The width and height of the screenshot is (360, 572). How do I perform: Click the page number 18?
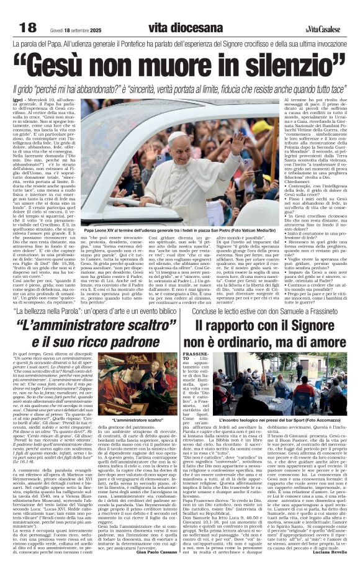(x=28, y=27)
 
